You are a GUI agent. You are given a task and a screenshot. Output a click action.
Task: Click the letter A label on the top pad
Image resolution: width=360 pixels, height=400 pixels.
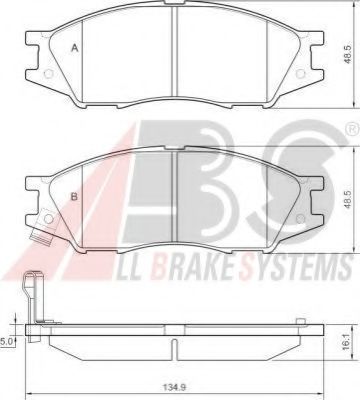pos(75,48)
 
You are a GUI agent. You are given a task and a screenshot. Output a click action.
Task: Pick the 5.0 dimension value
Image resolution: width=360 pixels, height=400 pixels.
pos(7,341)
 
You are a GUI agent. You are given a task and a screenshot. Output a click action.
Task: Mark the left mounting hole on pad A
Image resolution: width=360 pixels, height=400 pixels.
pos(43,73)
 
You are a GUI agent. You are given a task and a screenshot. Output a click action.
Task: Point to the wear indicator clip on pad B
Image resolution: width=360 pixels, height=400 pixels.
pos(39,239)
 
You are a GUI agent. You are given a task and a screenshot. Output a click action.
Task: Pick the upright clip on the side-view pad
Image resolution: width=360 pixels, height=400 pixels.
pos(31,300)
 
